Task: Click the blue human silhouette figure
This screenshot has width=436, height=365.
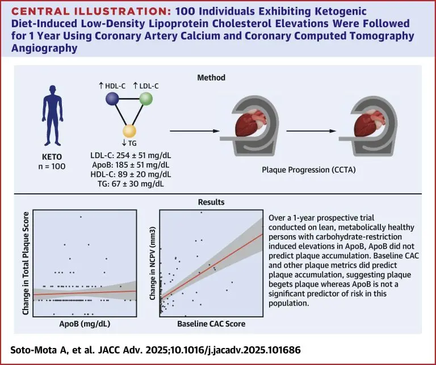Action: (53, 115)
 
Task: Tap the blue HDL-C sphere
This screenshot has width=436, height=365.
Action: (112, 99)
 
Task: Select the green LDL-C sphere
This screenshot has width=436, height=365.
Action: (146, 99)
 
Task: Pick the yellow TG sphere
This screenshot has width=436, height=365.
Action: (129, 131)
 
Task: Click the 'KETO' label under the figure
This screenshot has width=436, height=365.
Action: (52, 157)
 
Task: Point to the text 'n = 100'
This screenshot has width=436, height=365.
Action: (52, 167)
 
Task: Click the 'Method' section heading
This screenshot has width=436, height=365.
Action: (211, 78)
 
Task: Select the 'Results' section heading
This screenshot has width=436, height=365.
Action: (211, 202)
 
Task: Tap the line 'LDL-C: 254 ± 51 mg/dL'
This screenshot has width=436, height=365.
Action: (131, 155)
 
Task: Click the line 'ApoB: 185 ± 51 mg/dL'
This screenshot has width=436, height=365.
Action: (131, 165)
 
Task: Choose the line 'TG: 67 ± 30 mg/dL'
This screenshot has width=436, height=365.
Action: (131, 184)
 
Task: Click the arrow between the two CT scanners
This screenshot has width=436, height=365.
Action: (312, 131)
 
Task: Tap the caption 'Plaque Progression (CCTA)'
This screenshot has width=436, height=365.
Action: (309, 169)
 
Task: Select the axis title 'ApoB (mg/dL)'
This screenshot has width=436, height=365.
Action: (85, 324)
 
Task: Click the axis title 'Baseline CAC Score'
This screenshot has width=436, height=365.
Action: (211, 324)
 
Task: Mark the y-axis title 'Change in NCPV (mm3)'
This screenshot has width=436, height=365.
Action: (152, 263)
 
